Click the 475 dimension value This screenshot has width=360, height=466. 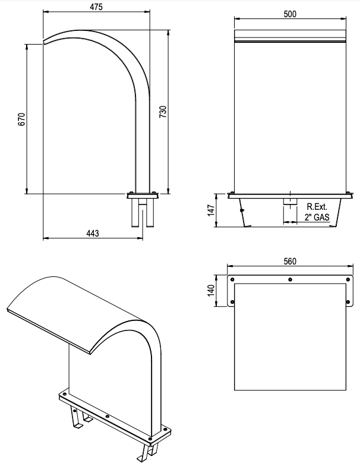pos(96,8)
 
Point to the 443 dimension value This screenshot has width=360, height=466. pos(93,233)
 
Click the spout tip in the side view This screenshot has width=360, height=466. pos(45,42)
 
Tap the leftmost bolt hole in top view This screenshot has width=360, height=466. pos(233,279)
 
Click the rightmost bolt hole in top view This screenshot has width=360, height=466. pos(346,279)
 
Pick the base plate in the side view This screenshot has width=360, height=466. pos(142,194)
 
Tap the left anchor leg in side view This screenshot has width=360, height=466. pos(133,213)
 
